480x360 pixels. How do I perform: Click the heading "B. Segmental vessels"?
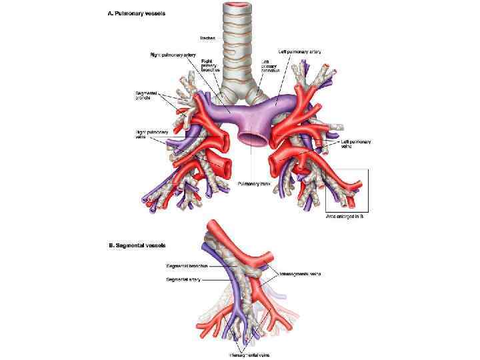[x=134, y=246]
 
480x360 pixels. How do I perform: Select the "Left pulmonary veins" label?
[x=355, y=144]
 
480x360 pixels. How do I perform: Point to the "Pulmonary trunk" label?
[x=251, y=182]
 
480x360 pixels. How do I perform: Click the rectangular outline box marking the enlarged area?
[x=367, y=190]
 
